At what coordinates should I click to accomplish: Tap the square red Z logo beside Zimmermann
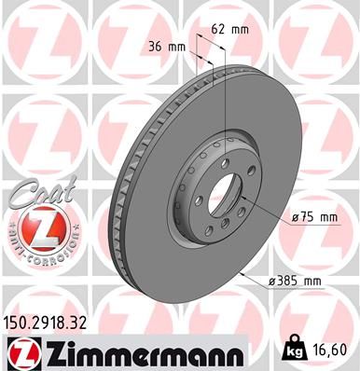[20, 351]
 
